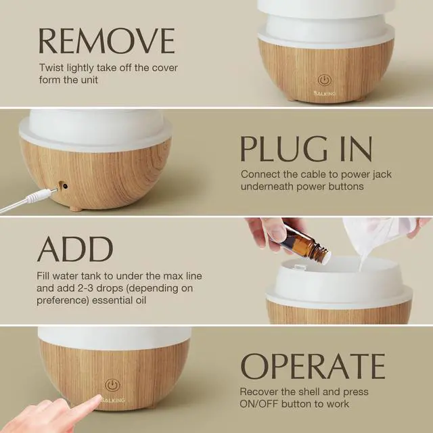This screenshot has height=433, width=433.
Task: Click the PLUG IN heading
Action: (x=306, y=148)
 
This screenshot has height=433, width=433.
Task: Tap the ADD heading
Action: (x=75, y=250)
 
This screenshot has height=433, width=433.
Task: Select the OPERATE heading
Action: (x=313, y=365)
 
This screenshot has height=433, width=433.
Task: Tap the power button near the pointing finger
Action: (x=113, y=386)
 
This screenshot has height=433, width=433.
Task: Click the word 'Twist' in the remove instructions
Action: (x=51, y=68)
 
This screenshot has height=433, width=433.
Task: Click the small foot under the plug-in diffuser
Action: (x=76, y=208)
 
